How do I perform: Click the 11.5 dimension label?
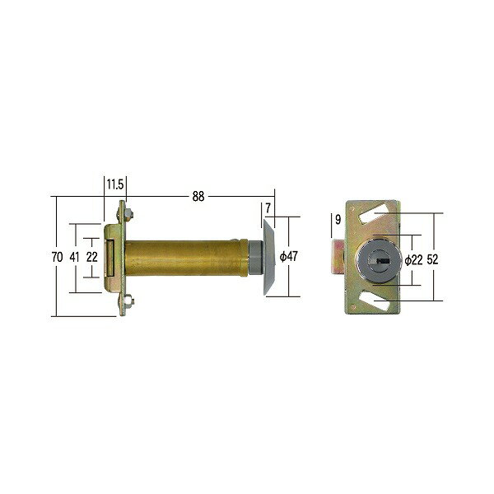(115, 184)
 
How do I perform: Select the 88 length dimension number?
(198, 196)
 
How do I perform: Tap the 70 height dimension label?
(57, 257)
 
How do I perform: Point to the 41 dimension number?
(74, 257)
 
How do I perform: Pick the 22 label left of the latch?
(92, 257)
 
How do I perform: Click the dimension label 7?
(268, 208)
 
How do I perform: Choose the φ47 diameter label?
(289, 256)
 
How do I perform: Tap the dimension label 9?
(338, 219)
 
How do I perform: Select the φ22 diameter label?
(413, 260)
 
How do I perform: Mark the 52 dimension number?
(432, 259)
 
